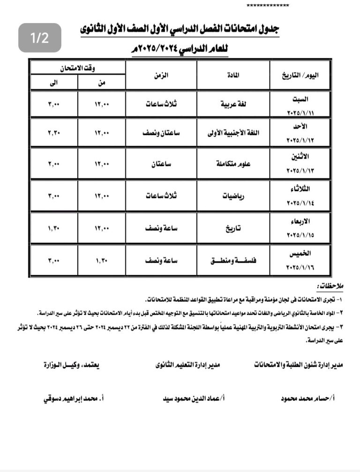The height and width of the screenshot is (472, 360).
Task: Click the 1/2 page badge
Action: [40, 38]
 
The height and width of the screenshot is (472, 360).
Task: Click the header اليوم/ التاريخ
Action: [300, 75]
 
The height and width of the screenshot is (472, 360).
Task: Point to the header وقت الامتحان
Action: [78, 68]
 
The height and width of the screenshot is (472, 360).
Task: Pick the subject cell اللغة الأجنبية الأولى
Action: [233, 133]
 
